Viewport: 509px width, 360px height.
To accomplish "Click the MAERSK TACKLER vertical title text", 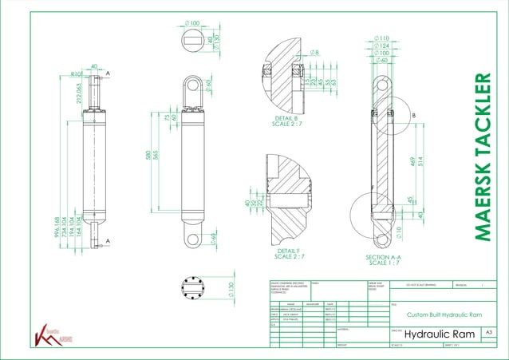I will pyautogui.click(x=484, y=156).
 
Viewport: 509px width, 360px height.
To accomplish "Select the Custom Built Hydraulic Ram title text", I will pyautogui.click(x=444, y=315).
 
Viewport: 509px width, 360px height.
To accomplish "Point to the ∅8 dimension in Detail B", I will pyautogui.click(x=315, y=53).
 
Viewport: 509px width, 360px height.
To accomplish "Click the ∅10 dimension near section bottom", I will pyautogui.click(x=400, y=232).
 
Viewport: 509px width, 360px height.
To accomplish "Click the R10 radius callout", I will pyautogui.click(x=76, y=73).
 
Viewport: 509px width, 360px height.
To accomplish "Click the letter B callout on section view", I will pyautogui.click(x=413, y=115).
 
